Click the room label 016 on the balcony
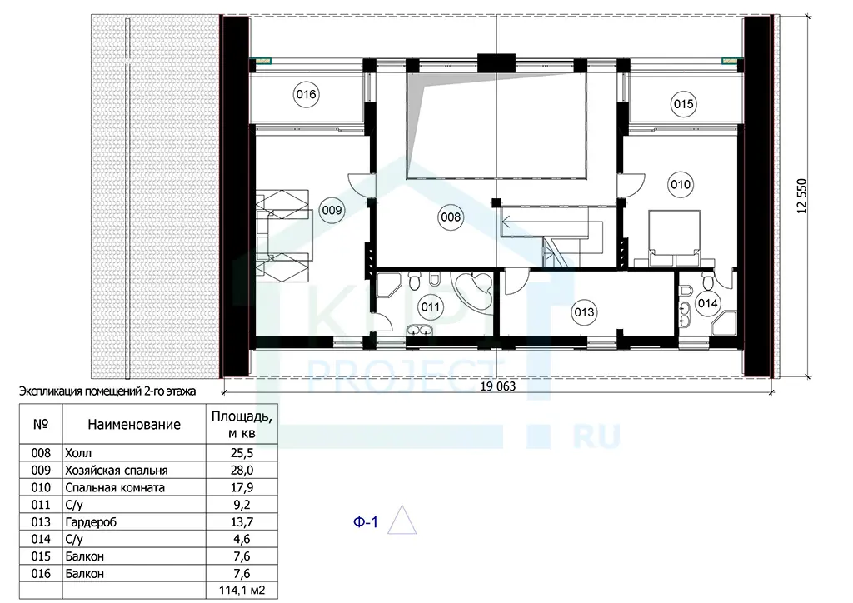pyautogui.click(x=306, y=95)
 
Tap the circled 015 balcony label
pyautogui.click(x=683, y=104)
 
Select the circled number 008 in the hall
pyautogui.click(x=451, y=217)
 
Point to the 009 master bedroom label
pyautogui.click(x=332, y=210)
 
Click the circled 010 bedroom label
pyautogui.click(x=680, y=185)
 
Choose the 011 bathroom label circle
pyautogui.click(x=431, y=307)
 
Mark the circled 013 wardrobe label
pyautogui.click(x=584, y=312)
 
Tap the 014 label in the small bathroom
pyautogui.click(x=707, y=303)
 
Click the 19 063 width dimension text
pyautogui.click(x=498, y=386)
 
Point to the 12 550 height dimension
pyautogui.click(x=802, y=196)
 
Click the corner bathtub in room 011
pyautogui.click(x=474, y=292)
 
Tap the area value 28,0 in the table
pyautogui.click(x=242, y=471)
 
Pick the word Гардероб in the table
pyautogui.click(x=91, y=522)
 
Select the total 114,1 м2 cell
pyautogui.click(x=242, y=591)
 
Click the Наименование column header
pyautogui.click(x=134, y=425)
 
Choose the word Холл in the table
pyautogui.click(x=78, y=453)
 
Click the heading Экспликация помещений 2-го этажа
pyautogui.click(x=107, y=391)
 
